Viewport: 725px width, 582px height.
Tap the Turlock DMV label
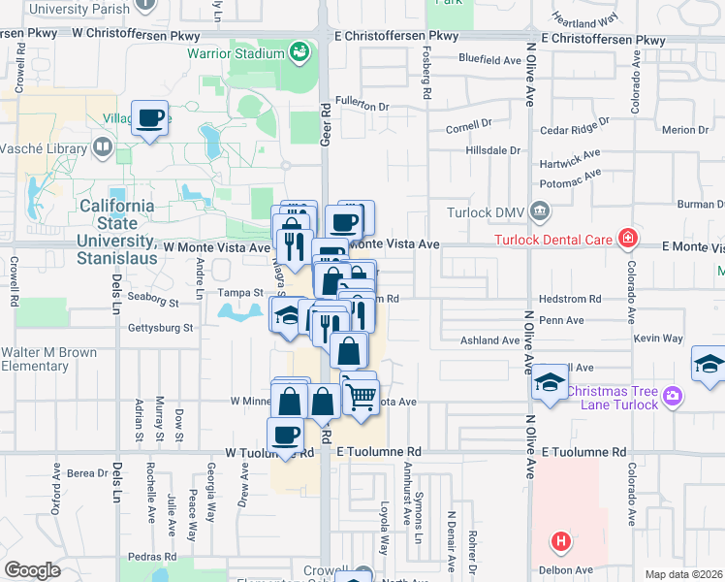(x=486, y=212)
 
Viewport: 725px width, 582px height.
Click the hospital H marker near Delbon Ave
(x=559, y=541)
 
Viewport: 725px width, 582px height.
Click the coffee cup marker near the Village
(x=149, y=118)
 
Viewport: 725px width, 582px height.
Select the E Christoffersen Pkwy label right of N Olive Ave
(x=604, y=39)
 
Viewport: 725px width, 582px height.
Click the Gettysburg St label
(x=161, y=329)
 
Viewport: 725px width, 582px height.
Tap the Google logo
(x=32, y=569)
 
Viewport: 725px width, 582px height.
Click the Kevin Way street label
(x=659, y=339)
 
